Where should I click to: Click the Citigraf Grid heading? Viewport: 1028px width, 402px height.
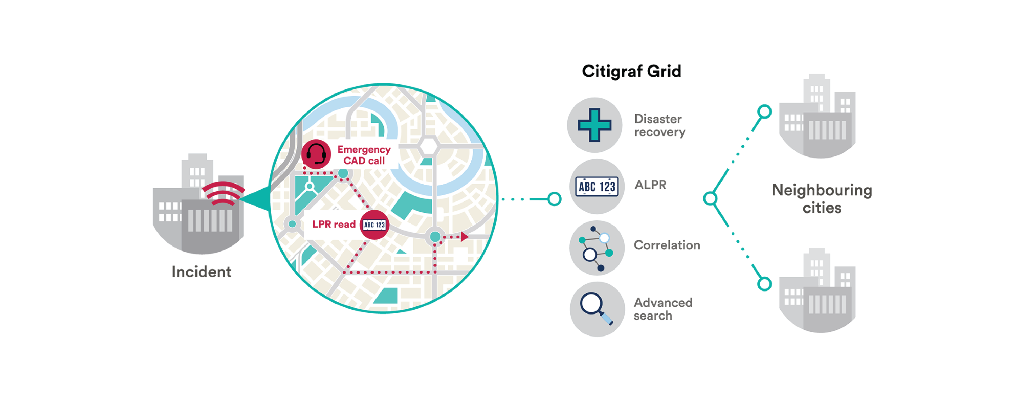click(631, 72)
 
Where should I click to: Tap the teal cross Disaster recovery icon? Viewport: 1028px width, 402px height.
click(595, 125)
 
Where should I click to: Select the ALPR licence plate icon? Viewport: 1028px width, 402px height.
click(597, 186)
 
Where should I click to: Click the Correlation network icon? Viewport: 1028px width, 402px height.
click(597, 248)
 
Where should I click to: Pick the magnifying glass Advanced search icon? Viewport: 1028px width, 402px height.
click(597, 309)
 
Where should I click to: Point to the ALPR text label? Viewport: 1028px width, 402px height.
click(650, 185)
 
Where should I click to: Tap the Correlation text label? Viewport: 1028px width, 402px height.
click(667, 245)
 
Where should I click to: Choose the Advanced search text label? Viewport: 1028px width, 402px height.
click(663, 309)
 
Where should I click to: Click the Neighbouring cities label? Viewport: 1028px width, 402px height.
click(822, 199)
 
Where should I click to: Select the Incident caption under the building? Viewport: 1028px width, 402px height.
click(201, 272)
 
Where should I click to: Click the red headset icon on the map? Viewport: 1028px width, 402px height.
click(316, 154)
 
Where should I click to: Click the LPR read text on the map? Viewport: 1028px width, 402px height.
click(334, 225)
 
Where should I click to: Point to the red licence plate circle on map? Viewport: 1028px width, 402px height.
click(374, 225)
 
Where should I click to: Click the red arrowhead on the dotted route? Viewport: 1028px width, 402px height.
click(464, 237)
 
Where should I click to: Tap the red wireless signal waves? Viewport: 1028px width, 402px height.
click(223, 193)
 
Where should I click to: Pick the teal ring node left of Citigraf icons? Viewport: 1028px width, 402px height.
click(554, 199)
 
